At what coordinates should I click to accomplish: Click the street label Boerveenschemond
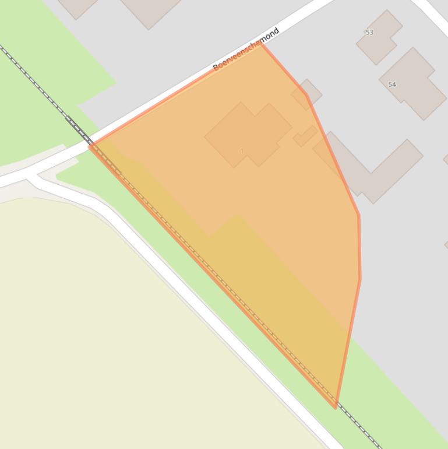246,49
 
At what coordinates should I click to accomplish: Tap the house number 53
369,32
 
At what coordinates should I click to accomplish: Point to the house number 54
392,85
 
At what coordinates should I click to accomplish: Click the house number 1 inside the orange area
242,151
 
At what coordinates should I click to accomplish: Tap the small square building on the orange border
307,94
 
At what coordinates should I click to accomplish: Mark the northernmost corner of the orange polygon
262,44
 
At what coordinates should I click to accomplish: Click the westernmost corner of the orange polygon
90,146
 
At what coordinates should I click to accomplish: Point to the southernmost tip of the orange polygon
336,406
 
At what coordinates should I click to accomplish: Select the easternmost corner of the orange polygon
359,279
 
